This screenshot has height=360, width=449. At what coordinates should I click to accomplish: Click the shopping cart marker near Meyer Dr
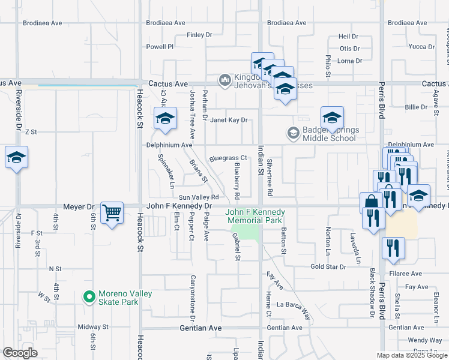point(112,212)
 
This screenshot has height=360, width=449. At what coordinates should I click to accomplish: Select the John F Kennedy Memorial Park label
point(255,216)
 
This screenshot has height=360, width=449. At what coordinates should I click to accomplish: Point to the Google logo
point(20,353)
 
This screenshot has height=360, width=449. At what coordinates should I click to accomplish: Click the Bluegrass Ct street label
point(224,158)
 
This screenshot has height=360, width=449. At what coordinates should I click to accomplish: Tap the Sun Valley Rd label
point(197,197)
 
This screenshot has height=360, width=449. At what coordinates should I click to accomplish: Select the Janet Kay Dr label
point(229,120)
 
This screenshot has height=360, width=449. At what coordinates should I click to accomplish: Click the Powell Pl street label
point(160,46)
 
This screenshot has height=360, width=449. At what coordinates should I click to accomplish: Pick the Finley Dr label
point(199,35)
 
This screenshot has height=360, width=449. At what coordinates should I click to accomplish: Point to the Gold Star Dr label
point(328,266)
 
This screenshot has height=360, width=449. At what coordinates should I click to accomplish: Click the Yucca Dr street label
point(421,46)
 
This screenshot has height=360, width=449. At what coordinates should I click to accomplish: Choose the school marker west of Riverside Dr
point(16,157)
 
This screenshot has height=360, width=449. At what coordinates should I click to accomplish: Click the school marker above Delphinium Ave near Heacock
point(165,118)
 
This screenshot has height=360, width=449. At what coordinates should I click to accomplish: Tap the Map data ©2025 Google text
point(411,355)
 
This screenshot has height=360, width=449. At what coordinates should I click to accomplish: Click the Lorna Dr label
point(350,61)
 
